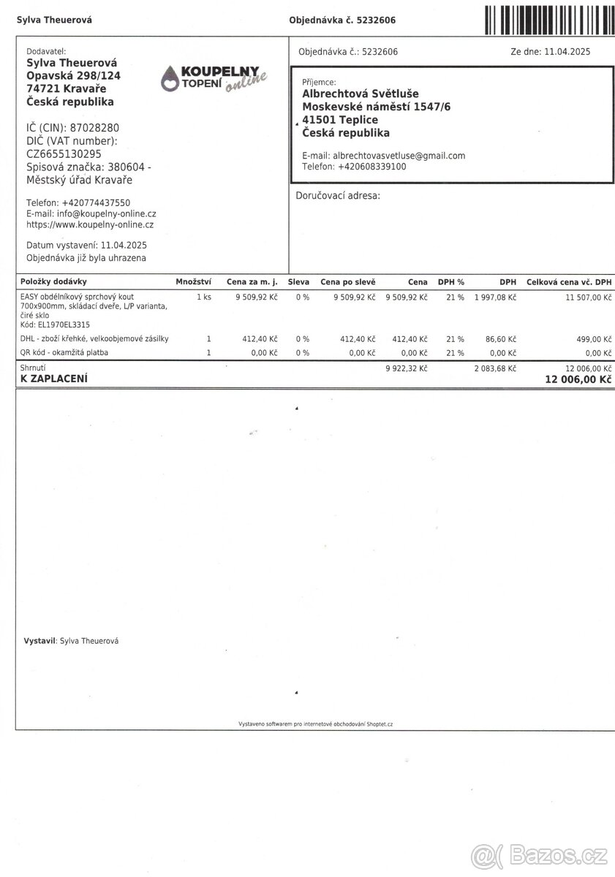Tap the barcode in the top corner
(548, 18)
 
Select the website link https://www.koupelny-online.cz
(90, 225)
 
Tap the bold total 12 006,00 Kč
(578, 379)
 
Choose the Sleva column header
(298, 281)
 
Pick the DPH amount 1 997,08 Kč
(495, 297)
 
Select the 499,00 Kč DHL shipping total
(592, 339)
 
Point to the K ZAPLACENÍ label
(54, 379)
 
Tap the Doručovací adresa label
(337, 196)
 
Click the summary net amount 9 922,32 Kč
(406, 368)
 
